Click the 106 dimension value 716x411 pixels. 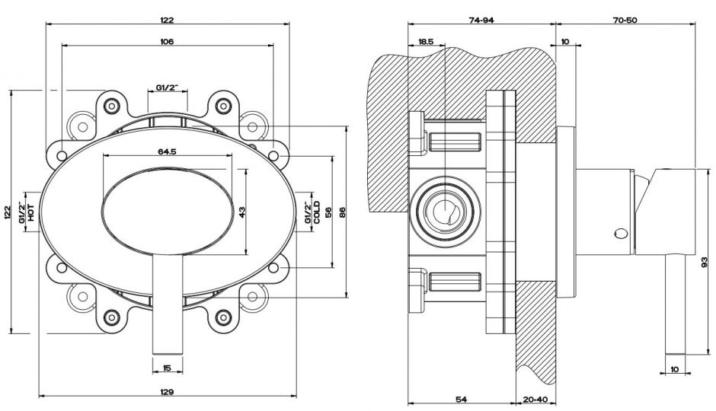[x=167, y=41]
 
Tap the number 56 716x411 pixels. [x=329, y=212]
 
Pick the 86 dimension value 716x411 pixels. [x=343, y=212]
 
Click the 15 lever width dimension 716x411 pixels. [x=168, y=369]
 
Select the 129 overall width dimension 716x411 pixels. [x=168, y=392]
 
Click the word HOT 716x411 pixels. [x=31, y=212]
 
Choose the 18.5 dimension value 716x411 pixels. [x=426, y=42]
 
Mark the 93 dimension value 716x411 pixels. [x=705, y=262]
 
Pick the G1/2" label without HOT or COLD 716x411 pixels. [x=167, y=88]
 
